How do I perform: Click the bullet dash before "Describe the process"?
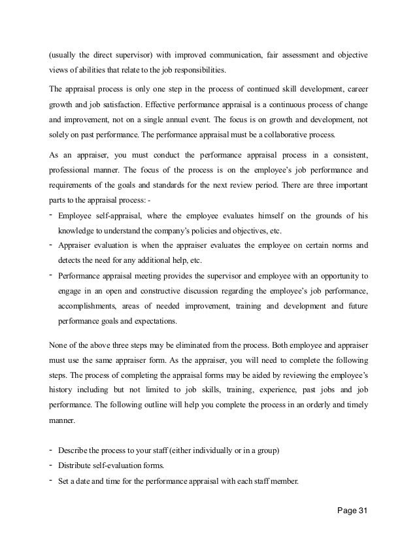(51, 450)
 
